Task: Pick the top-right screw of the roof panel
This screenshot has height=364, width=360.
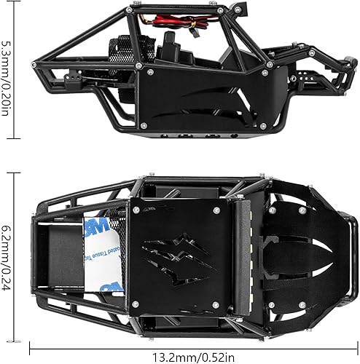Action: pos(216,209)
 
